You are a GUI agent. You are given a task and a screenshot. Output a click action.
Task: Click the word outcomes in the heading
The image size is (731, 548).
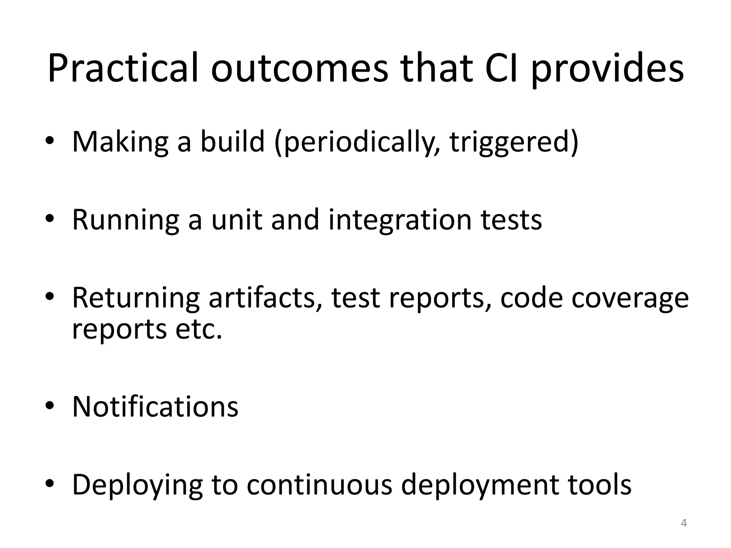[x=299, y=68]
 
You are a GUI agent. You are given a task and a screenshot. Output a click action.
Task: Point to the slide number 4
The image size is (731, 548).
[x=684, y=523]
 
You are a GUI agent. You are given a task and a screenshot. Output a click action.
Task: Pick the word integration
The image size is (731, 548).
[x=399, y=220]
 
